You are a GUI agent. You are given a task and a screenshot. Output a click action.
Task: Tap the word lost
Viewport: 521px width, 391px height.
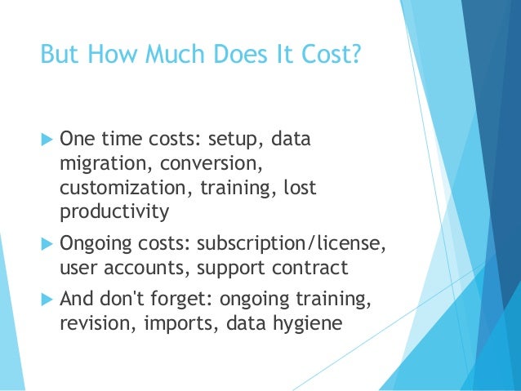299,188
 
